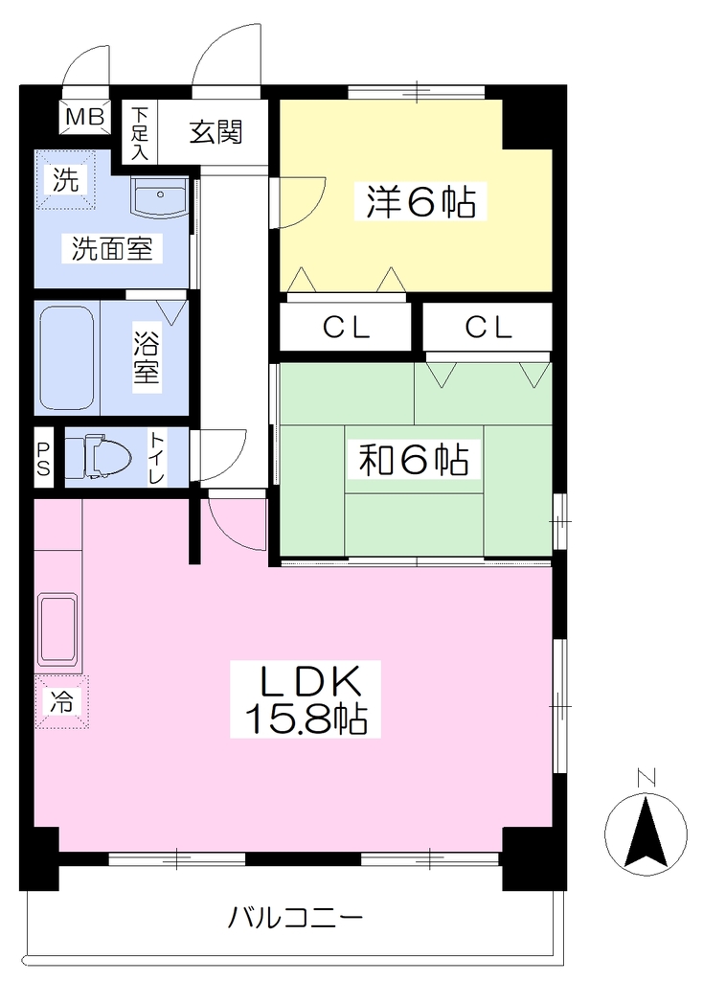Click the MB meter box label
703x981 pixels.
click(84, 116)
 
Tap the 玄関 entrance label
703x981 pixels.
click(215, 132)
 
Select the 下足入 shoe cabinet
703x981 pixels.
click(140, 132)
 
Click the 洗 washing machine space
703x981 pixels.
click(64, 180)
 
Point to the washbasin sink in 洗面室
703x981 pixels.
click(160, 197)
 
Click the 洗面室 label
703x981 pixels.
click(111, 248)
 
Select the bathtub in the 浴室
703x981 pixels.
click(67, 357)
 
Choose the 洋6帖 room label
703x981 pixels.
click(420, 201)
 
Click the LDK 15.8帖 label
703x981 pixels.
click(306, 698)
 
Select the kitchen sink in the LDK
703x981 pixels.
click(58, 630)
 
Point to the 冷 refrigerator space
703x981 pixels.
click(61, 701)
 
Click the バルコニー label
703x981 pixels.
click(295, 918)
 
